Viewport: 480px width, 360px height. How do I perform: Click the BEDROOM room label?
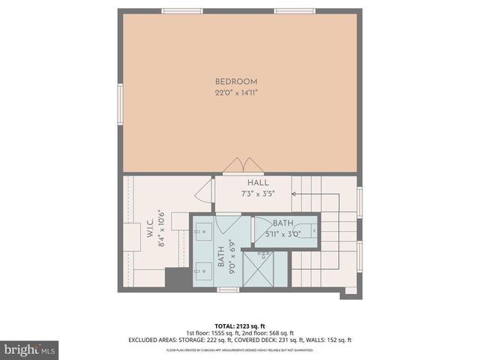click(x=236, y=82)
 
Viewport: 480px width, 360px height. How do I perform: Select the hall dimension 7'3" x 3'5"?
click(x=258, y=193)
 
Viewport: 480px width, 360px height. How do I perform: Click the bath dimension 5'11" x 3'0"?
click(x=283, y=233)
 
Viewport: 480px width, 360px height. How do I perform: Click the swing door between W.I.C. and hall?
click(x=204, y=192)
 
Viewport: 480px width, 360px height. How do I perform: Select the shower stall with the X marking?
click(x=263, y=269)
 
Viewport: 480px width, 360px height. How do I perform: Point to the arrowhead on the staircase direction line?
click(x=293, y=193)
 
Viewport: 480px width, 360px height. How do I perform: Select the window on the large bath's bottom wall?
click(x=228, y=289)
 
